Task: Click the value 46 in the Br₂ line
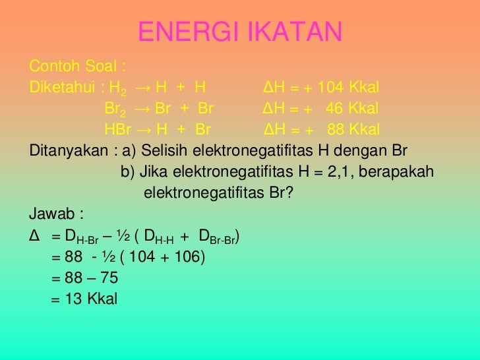tap(334, 108)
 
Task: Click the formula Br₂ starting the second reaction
tap(115, 109)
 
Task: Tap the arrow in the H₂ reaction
tap(142, 88)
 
